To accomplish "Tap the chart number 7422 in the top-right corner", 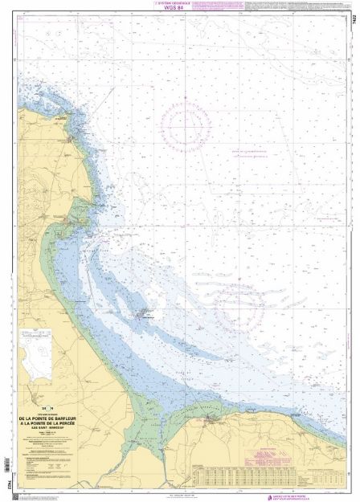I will tap(353, 25).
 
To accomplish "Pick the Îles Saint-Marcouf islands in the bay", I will tap(146, 314).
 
